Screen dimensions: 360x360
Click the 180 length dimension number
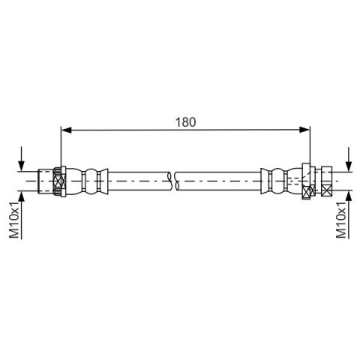[x=185, y=122]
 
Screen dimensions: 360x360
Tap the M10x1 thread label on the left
[x=14, y=220]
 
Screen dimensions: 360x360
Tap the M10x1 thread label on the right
[x=341, y=220]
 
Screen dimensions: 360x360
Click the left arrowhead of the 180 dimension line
[x=66, y=130]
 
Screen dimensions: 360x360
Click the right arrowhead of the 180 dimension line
[x=304, y=130]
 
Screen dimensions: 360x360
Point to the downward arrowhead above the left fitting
[x=22, y=166]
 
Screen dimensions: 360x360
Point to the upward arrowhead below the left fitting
[x=22, y=196]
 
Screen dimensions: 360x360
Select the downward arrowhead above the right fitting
[x=349, y=166]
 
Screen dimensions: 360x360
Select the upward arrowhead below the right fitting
[x=349, y=196]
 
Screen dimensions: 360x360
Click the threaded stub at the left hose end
[x=46, y=181]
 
